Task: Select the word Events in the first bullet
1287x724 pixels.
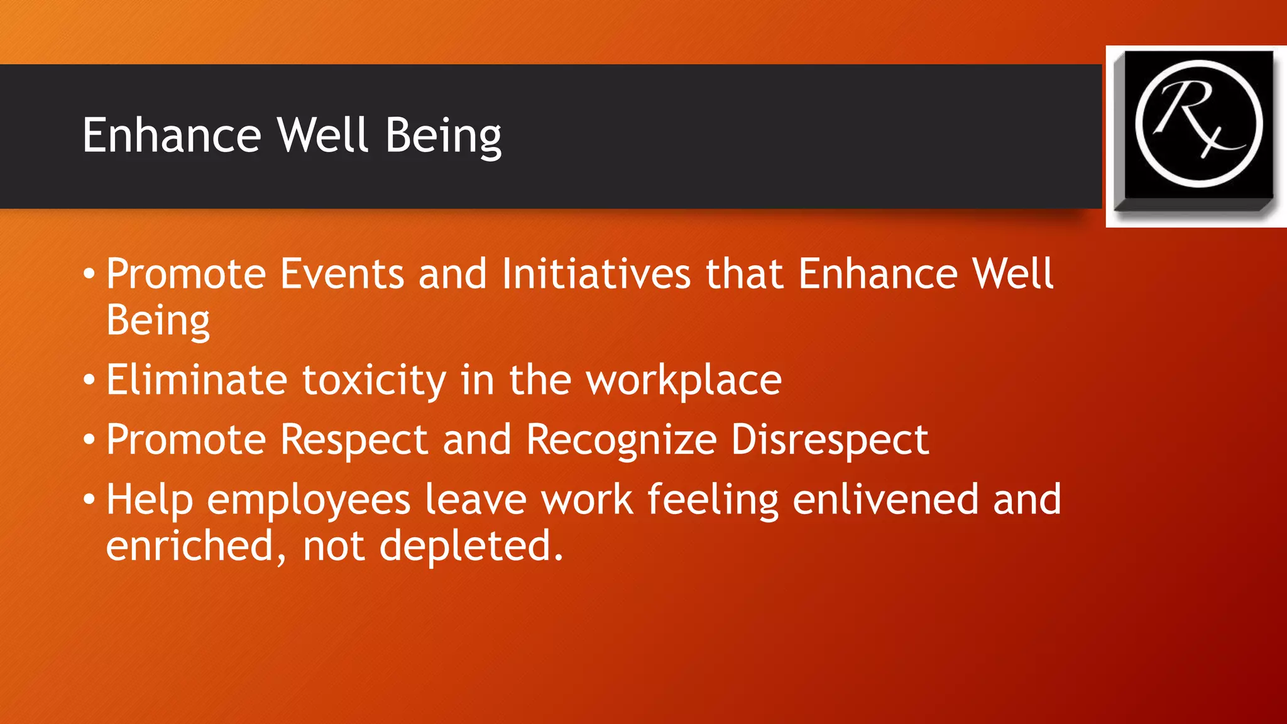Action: (342, 274)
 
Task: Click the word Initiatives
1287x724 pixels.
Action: (596, 274)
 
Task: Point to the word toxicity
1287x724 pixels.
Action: (374, 381)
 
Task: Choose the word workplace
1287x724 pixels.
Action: (684, 381)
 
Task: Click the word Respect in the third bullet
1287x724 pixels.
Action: (354, 439)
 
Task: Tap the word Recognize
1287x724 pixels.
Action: (621, 439)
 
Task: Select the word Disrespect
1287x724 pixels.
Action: (830, 439)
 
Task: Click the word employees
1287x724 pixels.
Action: (309, 500)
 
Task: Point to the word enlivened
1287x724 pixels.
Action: (885, 499)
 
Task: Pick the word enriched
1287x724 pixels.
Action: (190, 546)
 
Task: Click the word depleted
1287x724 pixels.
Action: (471, 546)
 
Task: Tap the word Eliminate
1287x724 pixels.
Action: (197, 380)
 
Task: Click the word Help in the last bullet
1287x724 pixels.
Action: (149, 500)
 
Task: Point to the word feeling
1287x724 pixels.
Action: (713, 500)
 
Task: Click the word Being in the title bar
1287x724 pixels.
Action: (443, 136)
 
